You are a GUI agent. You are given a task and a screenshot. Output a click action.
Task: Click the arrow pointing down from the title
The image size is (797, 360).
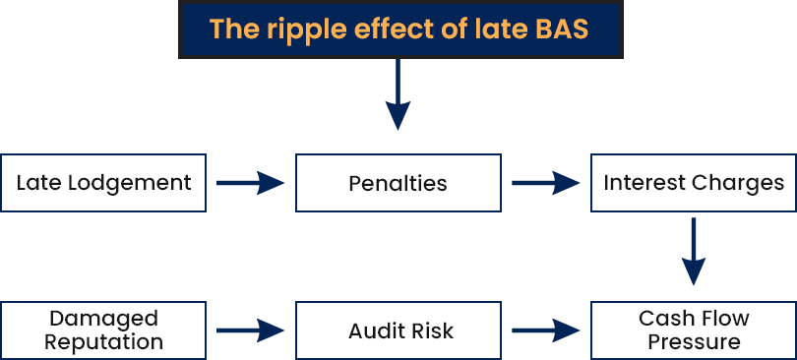click(x=398, y=94)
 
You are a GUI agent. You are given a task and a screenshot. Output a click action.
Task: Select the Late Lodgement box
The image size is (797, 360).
click(x=103, y=183)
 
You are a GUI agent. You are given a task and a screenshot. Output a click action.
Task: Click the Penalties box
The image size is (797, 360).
click(x=398, y=183)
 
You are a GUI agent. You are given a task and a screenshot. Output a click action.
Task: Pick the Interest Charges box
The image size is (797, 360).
click(x=694, y=183)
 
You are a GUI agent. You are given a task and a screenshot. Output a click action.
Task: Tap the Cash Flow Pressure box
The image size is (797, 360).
click(x=694, y=330)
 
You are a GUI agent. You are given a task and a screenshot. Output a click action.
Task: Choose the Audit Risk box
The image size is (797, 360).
click(x=398, y=330)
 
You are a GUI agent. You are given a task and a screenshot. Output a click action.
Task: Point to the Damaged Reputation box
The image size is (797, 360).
click(x=103, y=330)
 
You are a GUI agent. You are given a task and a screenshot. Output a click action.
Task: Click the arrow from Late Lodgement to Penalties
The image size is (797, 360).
click(x=250, y=183)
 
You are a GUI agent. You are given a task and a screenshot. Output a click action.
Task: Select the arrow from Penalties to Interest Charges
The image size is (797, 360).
click(x=545, y=183)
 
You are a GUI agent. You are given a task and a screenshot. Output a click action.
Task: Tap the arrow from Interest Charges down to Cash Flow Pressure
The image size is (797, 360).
click(x=694, y=252)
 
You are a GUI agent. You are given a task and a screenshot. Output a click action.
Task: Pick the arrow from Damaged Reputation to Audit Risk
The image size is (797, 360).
click(x=250, y=330)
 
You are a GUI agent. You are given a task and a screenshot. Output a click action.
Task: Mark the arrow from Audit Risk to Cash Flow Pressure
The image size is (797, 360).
click(x=545, y=330)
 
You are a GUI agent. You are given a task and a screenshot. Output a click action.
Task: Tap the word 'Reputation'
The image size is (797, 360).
click(x=103, y=343)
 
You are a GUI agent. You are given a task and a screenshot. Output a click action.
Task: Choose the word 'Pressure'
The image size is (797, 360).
click(x=694, y=341)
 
